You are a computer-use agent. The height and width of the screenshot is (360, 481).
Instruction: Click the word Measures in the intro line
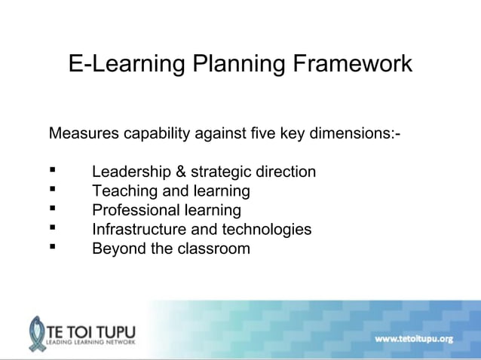tap(83, 134)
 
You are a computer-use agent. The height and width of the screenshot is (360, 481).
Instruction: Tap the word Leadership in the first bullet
tap(130, 172)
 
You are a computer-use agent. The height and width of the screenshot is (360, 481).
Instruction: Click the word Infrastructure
tap(140, 229)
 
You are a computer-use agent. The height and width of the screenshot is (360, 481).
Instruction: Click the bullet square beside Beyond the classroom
tap(53, 248)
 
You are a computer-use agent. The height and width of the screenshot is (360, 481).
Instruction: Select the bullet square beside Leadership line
tap(53, 171)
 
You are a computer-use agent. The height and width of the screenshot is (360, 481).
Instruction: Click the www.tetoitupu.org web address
tap(414, 338)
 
